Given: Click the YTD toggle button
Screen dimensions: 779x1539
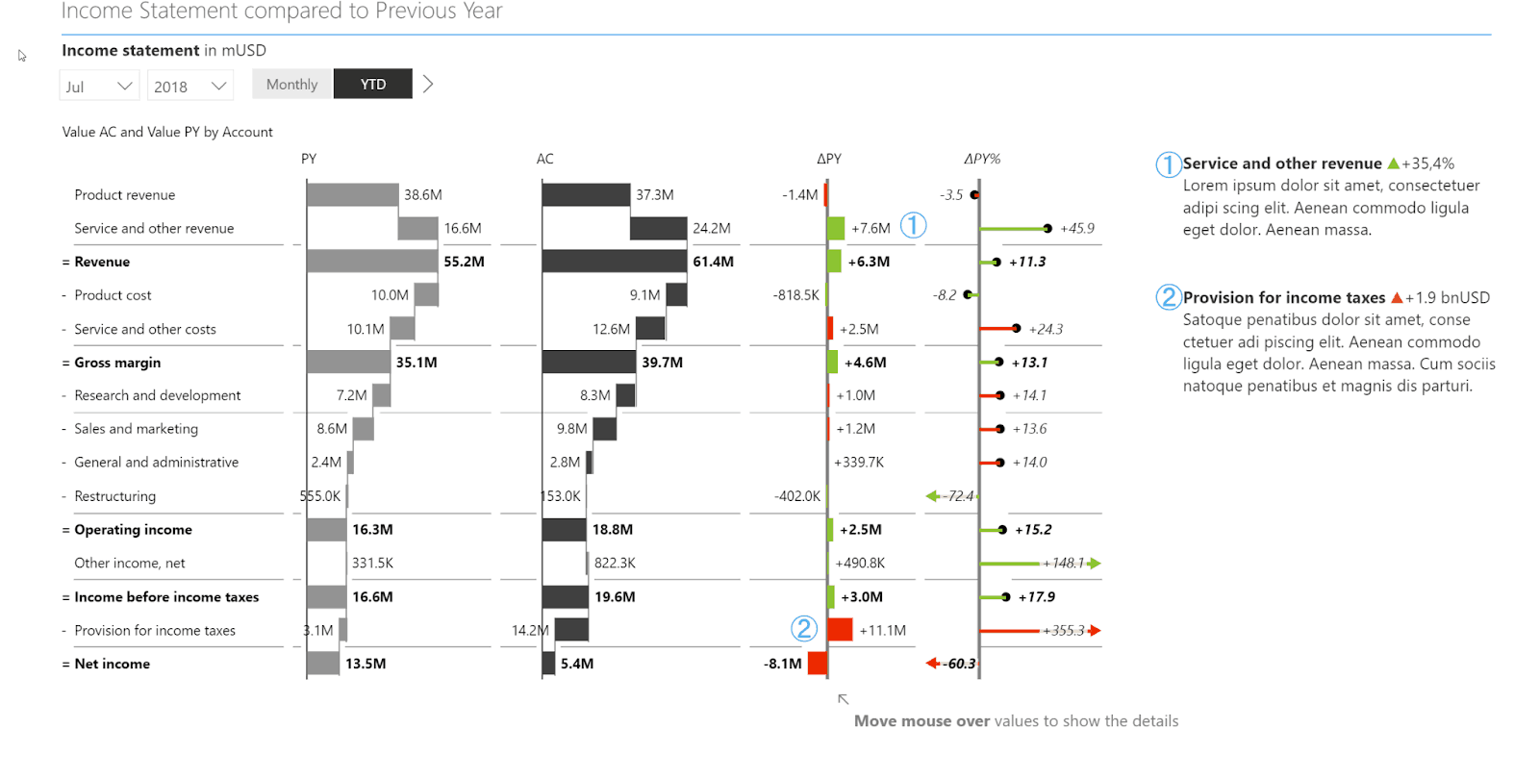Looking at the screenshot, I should (x=372, y=85).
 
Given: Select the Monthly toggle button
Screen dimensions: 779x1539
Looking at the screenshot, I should (x=291, y=85).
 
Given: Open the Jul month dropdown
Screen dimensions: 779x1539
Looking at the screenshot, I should (x=99, y=87).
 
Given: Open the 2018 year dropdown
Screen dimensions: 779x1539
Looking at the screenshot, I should (x=189, y=87).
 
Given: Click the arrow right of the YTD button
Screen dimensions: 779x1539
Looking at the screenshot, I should (x=428, y=85).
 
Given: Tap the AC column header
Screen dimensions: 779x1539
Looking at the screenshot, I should (x=544, y=159).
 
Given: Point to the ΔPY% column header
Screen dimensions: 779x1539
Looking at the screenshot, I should (x=981, y=159).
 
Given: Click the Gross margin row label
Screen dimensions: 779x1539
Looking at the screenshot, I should (x=117, y=363).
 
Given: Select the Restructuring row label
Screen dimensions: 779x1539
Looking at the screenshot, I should (x=114, y=496).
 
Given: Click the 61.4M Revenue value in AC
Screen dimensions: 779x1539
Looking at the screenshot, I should (x=713, y=262).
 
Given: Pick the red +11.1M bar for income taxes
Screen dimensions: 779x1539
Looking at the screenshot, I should (x=840, y=630).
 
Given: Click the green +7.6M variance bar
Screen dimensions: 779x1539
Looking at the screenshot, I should (x=836, y=228).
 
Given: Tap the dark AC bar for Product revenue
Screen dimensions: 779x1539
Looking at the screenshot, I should (x=586, y=194).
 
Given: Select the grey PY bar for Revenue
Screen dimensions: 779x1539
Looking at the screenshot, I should (x=372, y=262).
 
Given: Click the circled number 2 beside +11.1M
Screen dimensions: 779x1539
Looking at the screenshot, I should (x=804, y=629).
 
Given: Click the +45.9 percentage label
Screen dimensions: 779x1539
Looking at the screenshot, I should (x=1076, y=228).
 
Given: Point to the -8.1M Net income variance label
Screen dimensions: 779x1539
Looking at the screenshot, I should (x=782, y=664).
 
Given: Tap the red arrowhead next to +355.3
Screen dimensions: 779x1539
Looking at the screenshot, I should (x=1095, y=631).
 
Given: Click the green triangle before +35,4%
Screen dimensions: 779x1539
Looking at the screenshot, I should (x=1393, y=163).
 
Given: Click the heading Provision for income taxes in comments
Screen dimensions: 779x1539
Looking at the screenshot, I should (x=1283, y=298).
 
